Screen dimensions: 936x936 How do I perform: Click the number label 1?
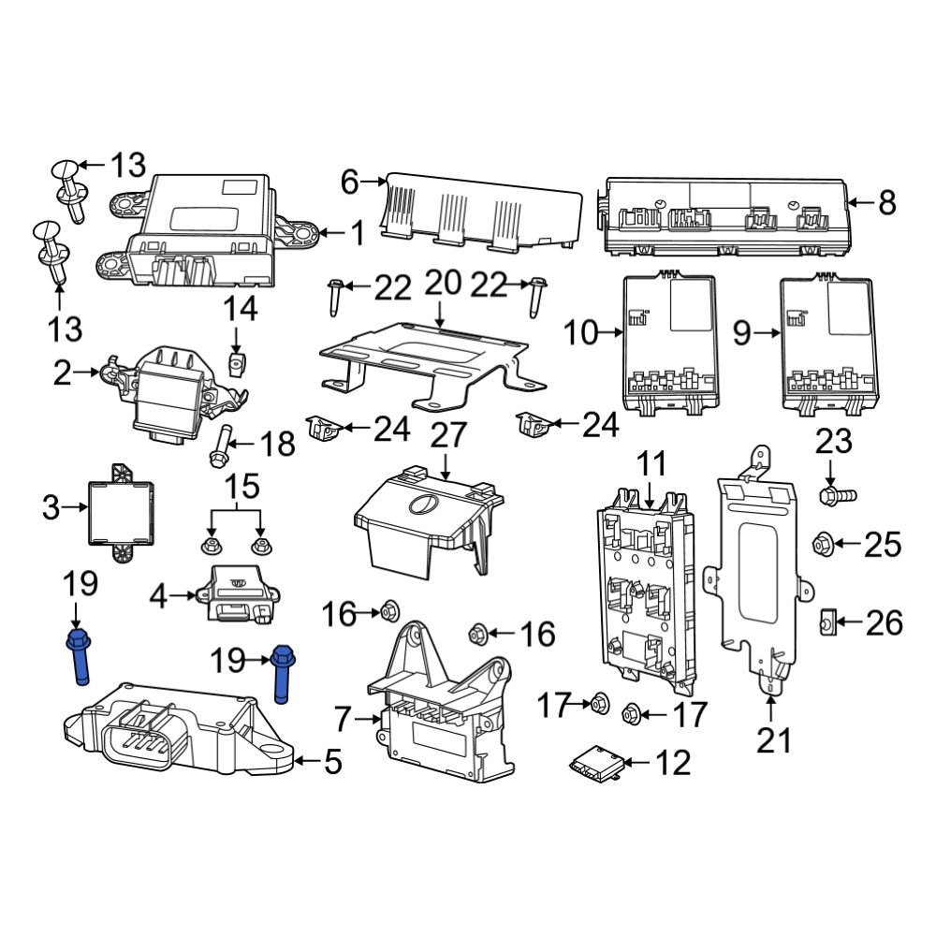click(358, 232)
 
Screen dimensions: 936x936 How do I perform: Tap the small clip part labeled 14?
click(237, 360)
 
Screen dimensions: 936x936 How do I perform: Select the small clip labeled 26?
click(827, 621)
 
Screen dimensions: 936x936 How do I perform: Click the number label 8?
click(886, 201)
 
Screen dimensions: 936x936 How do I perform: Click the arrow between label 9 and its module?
click(767, 333)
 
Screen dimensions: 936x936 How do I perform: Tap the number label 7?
click(344, 720)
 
